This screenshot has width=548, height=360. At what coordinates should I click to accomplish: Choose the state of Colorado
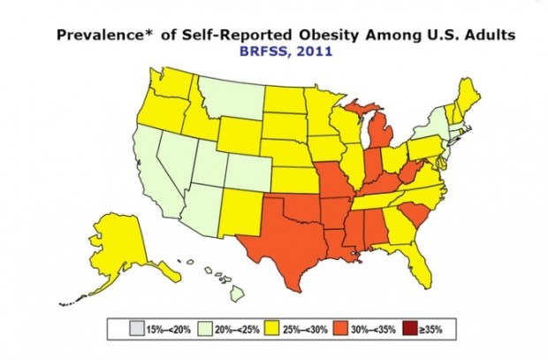(247, 172)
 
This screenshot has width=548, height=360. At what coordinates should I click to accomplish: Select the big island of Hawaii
(237, 293)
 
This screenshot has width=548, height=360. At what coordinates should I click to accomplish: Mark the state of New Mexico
(241, 213)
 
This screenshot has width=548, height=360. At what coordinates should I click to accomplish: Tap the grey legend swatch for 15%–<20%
(136, 329)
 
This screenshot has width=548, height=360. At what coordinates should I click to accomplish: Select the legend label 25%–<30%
(305, 330)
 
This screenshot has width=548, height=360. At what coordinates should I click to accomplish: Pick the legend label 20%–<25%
(237, 330)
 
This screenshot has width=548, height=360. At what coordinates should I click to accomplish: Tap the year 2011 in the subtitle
(315, 51)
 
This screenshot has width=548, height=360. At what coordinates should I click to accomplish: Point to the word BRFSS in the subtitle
(264, 51)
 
